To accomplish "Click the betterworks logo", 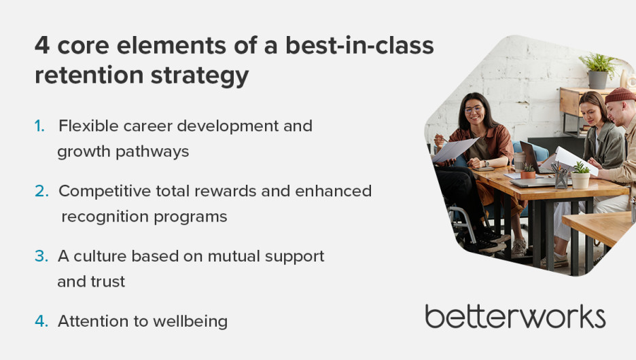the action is pos(515,317).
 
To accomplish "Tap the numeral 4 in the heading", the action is pos(42,45).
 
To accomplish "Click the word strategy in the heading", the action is pos(200,76).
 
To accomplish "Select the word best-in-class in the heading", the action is pos(359,45).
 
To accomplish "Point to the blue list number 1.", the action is pos(39,126).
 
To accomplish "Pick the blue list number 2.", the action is pos(41,191).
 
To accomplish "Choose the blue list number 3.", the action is pos(41,256).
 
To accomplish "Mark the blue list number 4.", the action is pos(41,321).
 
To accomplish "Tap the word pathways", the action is pos(152,152).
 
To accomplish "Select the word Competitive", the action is pos(105,191).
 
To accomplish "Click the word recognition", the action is pos(105,217).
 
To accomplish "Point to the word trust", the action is pos(108,282).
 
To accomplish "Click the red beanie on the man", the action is pos(620,95).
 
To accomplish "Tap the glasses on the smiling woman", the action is pos(474,109).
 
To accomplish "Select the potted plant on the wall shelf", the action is pos(598,71).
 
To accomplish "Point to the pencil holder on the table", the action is pos(561,177).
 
